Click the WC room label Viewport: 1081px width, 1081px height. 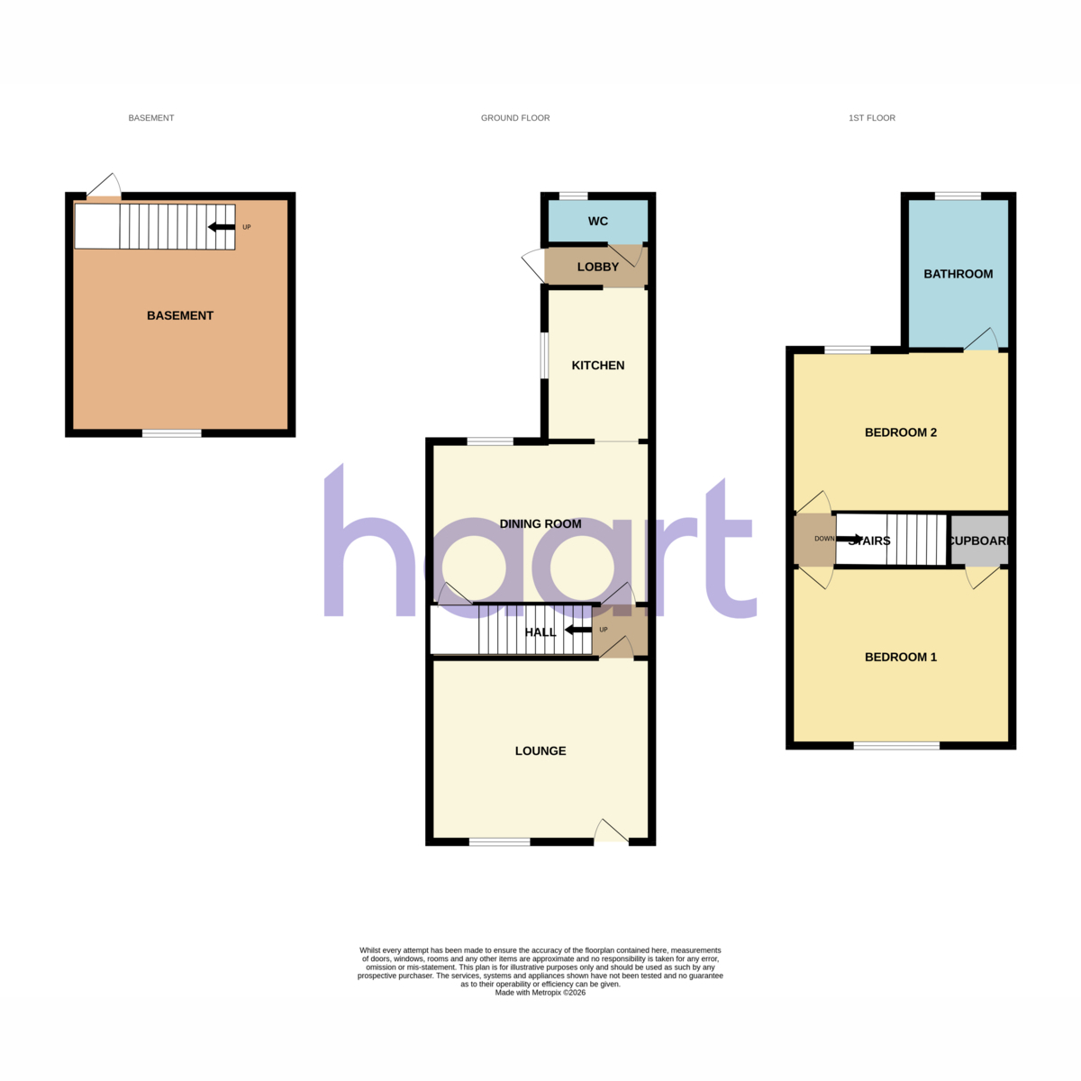597,221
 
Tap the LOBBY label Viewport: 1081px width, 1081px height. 597,267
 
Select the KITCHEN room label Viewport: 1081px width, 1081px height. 597,365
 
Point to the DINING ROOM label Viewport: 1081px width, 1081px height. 540,524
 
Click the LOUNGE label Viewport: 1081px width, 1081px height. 540,750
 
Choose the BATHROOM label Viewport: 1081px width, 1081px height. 958,274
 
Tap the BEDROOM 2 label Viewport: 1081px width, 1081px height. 900,432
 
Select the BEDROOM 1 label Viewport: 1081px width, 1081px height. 900,657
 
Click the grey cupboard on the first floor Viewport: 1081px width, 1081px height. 979,540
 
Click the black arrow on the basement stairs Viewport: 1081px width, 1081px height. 222,227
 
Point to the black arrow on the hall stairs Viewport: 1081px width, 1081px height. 577,630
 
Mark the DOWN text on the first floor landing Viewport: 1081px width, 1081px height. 824,539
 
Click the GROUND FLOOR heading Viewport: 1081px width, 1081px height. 515,118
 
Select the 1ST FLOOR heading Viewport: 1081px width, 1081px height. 871,118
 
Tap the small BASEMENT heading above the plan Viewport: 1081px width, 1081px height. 151,118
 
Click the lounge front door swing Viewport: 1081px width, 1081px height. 611,832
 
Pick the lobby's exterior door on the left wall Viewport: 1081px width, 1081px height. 534,266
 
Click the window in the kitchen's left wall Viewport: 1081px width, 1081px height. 544,356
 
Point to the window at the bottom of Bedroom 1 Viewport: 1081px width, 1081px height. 896,746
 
